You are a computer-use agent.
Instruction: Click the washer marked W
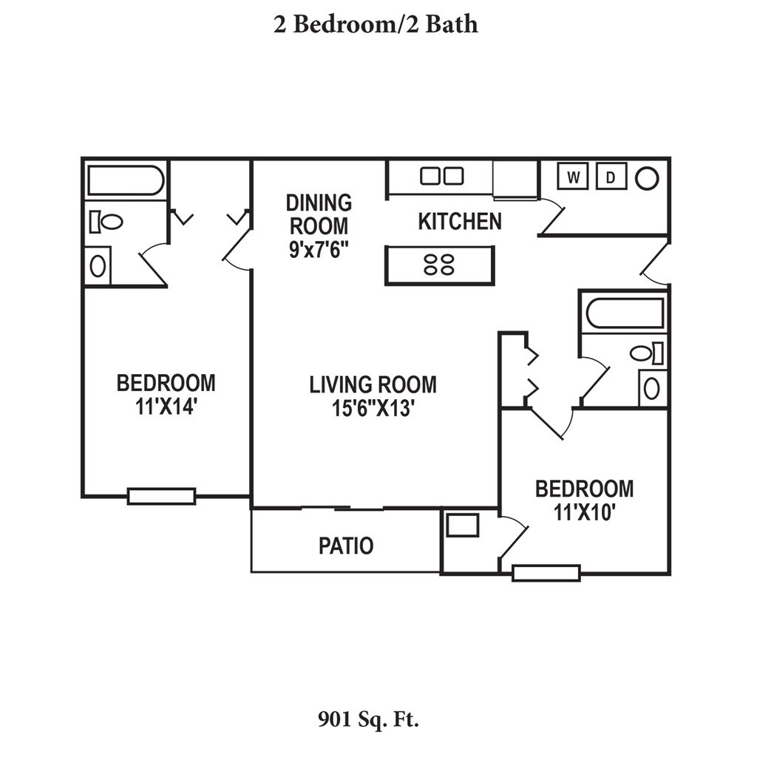[573, 176]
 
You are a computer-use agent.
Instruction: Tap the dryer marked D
[611, 176]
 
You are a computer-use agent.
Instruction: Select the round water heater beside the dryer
[647, 178]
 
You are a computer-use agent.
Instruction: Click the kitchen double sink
[442, 176]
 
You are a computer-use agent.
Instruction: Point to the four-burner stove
[439, 265]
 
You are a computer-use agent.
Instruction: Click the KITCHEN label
[460, 222]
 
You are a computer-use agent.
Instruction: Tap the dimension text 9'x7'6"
[319, 250]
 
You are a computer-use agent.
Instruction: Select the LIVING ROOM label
[373, 384]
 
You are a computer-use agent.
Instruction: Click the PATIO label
[346, 546]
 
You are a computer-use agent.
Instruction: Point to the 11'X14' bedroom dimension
[166, 407]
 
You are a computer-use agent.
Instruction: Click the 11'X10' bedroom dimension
[584, 512]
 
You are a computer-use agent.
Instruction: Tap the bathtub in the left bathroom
[126, 180]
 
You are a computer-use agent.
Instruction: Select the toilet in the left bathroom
[106, 222]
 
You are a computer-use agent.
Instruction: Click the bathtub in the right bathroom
[625, 313]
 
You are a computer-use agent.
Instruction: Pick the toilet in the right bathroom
[646, 353]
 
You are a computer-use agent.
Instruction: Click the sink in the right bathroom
[652, 389]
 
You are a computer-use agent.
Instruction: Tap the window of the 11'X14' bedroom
[161, 496]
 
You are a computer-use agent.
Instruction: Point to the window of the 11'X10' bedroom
[546, 573]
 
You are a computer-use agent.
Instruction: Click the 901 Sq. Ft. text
[368, 720]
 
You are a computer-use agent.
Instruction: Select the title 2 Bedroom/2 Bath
[376, 24]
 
